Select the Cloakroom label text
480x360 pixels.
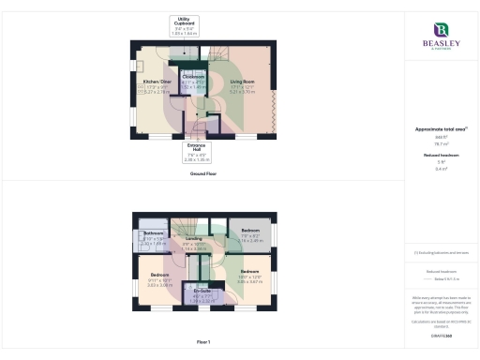click(194, 76)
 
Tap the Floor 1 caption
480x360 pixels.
click(202, 342)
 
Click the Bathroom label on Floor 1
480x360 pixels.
click(154, 233)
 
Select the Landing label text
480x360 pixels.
click(194, 238)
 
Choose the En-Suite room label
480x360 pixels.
click(202, 292)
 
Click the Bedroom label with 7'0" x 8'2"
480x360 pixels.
click(250, 230)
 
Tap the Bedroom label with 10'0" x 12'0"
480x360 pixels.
click(248, 271)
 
